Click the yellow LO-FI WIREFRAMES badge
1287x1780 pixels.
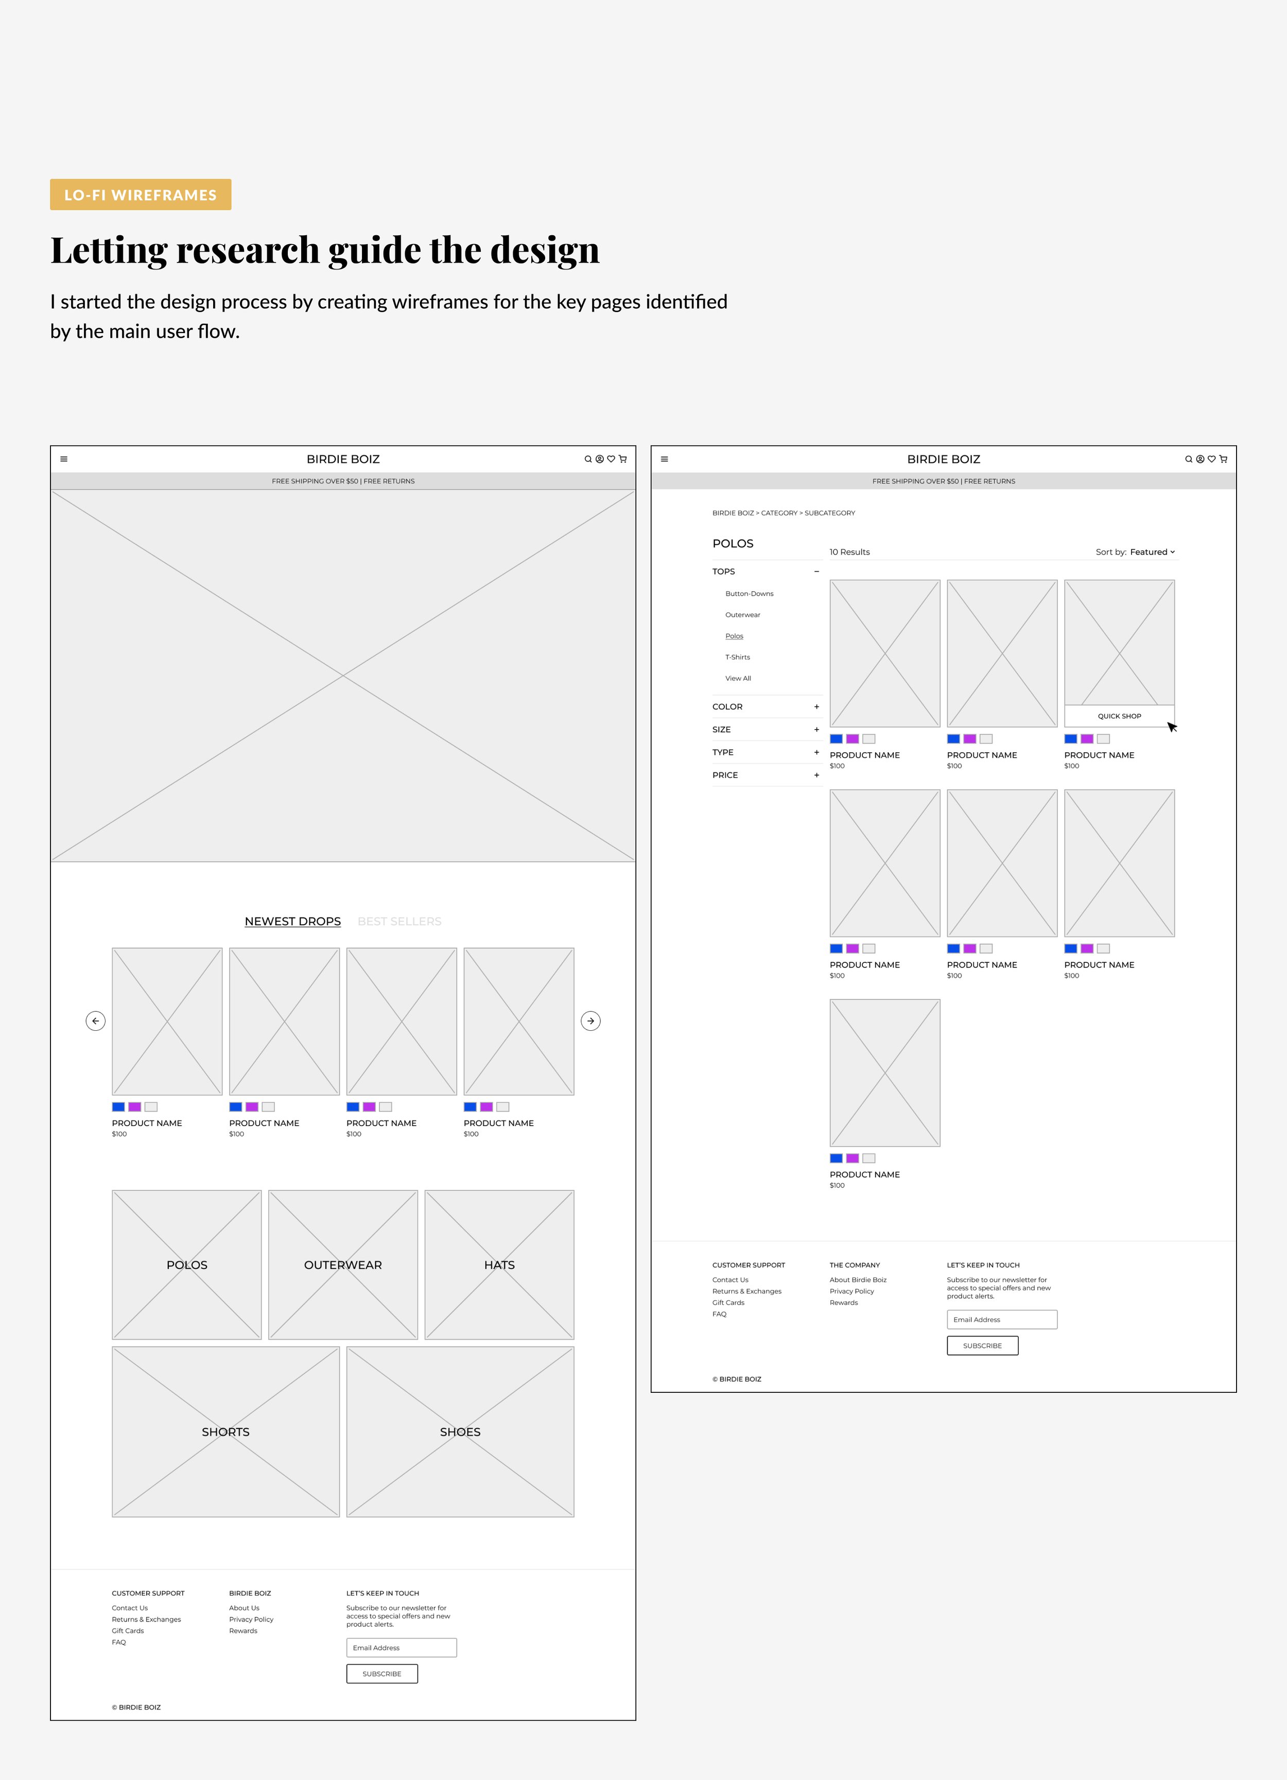tap(141, 195)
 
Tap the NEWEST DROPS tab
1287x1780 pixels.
tap(293, 921)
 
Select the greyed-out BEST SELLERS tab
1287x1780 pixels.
tap(399, 921)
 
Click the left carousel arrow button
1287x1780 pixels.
tap(96, 1021)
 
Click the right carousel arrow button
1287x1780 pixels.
tap(591, 1021)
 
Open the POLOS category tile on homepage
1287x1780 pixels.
tap(187, 1265)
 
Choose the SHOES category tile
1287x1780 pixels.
tap(460, 1431)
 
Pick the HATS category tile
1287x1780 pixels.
tap(499, 1265)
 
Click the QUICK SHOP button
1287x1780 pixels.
tap(1119, 716)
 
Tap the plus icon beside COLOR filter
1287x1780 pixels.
tap(816, 707)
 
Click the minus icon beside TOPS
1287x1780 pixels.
tap(816, 572)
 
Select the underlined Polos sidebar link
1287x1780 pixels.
tap(734, 636)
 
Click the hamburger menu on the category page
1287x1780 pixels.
tap(665, 459)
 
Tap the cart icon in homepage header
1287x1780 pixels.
tap(623, 459)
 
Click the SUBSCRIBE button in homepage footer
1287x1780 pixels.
tap(382, 1674)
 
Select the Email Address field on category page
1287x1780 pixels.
tap(1001, 1319)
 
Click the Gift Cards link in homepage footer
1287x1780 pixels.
tap(128, 1631)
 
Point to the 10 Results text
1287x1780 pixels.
tap(850, 552)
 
